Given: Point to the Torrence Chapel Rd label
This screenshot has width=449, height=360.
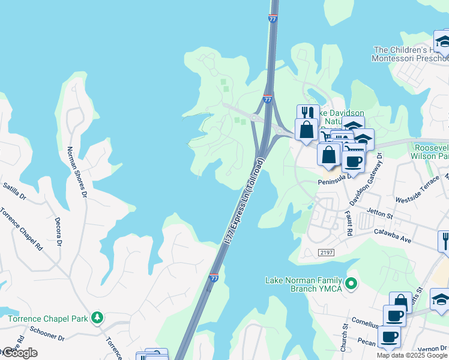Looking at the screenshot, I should pyautogui.click(x=22, y=229).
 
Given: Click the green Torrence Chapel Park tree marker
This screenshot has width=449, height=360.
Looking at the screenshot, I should pyautogui.click(x=96, y=318).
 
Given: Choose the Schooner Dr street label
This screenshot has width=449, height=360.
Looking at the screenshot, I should pyautogui.click(x=44, y=338).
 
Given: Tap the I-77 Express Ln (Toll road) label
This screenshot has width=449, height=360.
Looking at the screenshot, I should pyautogui.click(x=244, y=202).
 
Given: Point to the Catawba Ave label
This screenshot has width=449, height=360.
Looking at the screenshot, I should pyautogui.click(x=393, y=235).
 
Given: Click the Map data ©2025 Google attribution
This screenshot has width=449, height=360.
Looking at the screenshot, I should pyautogui.click(x=412, y=355).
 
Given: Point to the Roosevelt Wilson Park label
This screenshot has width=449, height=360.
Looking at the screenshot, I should pyautogui.click(x=431, y=151).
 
